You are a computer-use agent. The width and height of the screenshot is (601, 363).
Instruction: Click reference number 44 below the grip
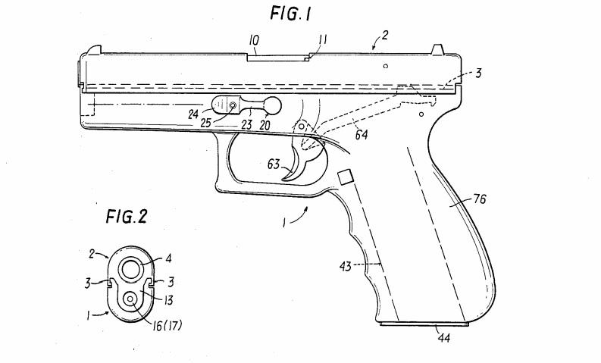[442, 338]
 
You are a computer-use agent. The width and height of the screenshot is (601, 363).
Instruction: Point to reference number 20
[265, 126]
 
